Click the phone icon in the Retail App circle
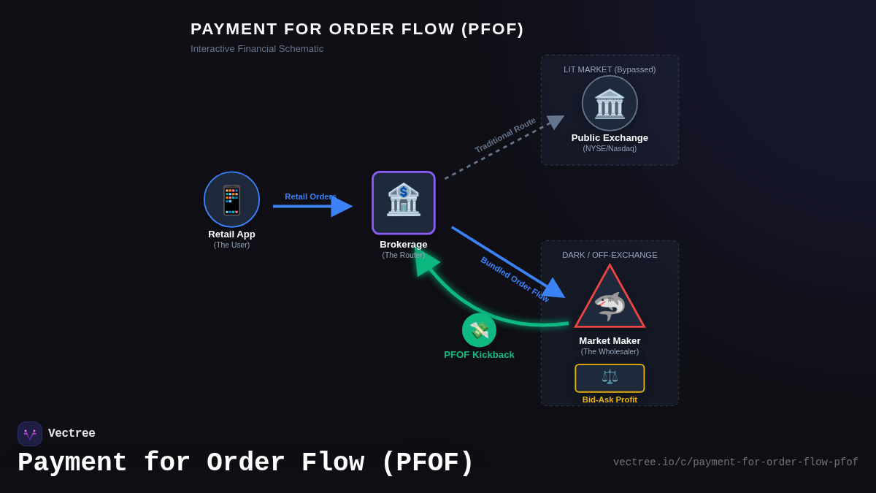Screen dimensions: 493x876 click(x=231, y=199)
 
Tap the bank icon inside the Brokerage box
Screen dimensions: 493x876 click(x=404, y=200)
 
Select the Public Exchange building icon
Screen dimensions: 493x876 click(x=610, y=104)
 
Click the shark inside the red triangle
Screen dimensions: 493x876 click(x=610, y=305)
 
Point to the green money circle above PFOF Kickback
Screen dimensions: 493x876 click(x=479, y=330)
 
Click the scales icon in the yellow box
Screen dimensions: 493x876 click(x=610, y=378)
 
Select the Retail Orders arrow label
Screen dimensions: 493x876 click(x=310, y=196)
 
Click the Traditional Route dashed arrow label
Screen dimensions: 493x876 click(x=505, y=135)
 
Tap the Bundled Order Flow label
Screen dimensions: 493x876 click(x=514, y=280)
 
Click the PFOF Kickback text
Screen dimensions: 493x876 click(x=479, y=355)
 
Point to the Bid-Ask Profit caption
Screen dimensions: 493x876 click(x=610, y=400)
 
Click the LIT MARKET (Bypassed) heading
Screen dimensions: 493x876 click(x=610, y=69)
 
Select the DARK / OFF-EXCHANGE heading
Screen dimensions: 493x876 click(x=610, y=255)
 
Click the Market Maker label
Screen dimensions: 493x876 click(x=610, y=340)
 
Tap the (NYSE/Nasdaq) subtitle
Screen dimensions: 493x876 click(x=610, y=149)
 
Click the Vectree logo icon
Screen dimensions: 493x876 click(x=30, y=434)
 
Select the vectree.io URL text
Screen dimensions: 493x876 click(x=735, y=462)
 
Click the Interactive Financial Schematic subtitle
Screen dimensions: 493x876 click(x=257, y=49)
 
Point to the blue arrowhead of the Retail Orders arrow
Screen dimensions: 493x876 click(x=342, y=207)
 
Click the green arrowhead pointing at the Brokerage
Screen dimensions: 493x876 click(x=425, y=261)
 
